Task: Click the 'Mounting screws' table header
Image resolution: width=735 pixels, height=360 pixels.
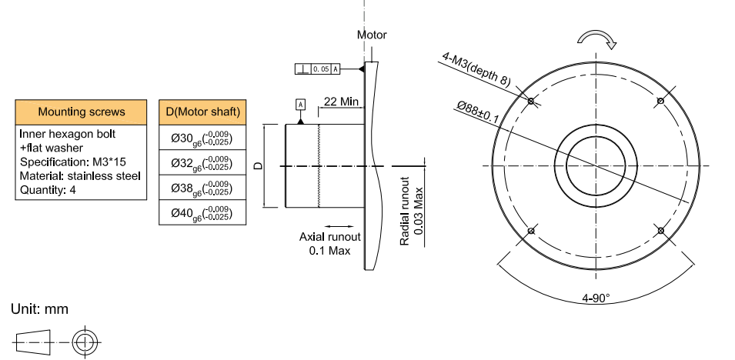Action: [x=81, y=112]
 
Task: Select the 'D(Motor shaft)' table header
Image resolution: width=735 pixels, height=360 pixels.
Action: [x=203, y=112]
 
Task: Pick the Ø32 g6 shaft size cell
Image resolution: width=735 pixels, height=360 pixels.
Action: [x=203, y=162]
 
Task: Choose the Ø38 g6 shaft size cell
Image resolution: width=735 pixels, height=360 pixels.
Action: [x=203, y=188]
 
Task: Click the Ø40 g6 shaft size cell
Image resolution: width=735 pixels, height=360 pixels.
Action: [x=203, y=212]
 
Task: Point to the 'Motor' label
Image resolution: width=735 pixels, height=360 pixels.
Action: [x=372, y=35]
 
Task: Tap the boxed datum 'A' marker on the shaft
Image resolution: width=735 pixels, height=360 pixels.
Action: [x=300, y=104]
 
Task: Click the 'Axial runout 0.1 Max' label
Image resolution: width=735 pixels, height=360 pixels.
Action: [x=329, y=244]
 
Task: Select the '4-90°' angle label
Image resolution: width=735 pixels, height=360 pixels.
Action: [x=596, y=298]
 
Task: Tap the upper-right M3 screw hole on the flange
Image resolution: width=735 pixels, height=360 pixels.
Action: [x=660, y=101]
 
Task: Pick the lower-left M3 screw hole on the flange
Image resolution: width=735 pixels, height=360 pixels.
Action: [x=530, y=230]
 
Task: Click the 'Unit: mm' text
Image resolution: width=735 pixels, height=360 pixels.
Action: [x=39, y=309]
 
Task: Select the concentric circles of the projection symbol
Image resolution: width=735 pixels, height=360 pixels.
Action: [x=82, y=342]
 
